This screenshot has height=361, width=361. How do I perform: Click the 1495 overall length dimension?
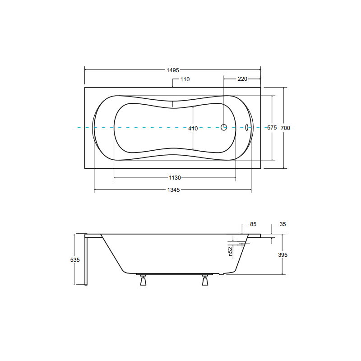173,70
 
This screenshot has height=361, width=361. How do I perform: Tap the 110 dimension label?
185,79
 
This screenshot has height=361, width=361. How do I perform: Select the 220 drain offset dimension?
242,79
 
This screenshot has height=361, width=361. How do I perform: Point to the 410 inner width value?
193,128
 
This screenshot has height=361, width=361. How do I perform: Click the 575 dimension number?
272,128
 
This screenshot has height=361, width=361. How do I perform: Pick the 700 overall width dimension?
285,128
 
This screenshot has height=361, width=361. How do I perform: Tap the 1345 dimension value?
173,190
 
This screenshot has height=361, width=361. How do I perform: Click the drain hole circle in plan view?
224,127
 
